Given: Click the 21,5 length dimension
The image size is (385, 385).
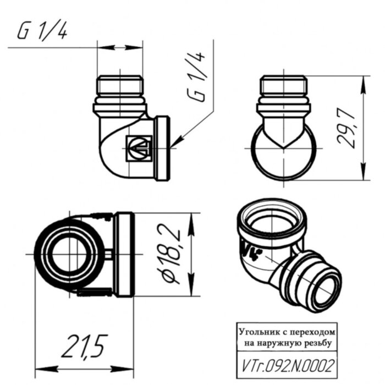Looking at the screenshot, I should (84, 348).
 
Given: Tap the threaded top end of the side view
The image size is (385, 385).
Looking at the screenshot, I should (285, 86).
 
